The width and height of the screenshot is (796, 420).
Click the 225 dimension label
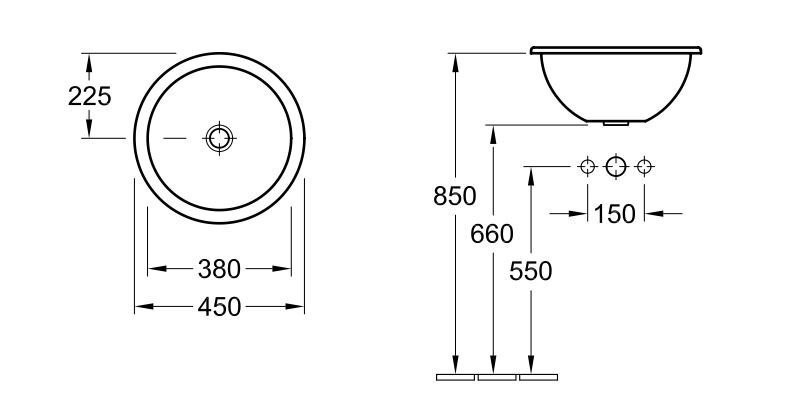pos(89,96)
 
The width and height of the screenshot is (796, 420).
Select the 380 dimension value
pos(219,269)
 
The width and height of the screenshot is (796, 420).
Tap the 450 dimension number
pos(219,307)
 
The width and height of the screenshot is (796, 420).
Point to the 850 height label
pos(455,196)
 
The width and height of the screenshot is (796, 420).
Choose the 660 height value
pos(492,234)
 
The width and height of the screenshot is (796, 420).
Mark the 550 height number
pos(530,271)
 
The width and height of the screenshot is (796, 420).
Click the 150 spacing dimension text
pos(614,214)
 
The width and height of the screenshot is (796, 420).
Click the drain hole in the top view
pos(219,138)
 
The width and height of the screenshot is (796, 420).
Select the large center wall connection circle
pos(616,166)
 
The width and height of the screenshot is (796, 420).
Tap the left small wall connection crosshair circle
pos(587,166)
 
